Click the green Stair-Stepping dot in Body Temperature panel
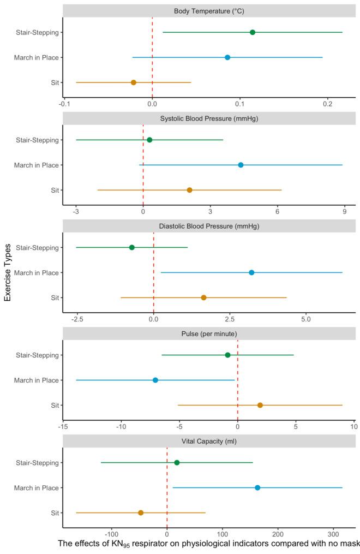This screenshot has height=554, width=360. pos(253,32)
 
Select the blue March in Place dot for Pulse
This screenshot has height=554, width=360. pos(155,380)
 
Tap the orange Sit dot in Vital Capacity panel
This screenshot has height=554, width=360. pos(141,513)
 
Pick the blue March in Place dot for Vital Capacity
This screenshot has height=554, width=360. pos(257,487)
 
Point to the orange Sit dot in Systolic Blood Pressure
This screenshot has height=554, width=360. pos(189,190)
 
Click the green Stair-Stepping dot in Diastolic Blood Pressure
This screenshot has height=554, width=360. pos(132,247)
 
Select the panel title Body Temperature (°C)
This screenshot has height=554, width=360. pos(209,11)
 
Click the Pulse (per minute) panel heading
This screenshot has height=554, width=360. pos(209,333)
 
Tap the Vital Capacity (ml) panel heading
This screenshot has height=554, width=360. pos(209,441)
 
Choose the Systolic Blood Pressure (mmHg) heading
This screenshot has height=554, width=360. pos(209,118)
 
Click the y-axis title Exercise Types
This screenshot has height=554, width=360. pos(8,272)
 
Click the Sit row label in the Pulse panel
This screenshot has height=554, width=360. pos(53,405)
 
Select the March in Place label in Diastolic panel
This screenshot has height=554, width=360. pos(37,272)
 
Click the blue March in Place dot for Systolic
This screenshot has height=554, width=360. pos(241,165)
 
